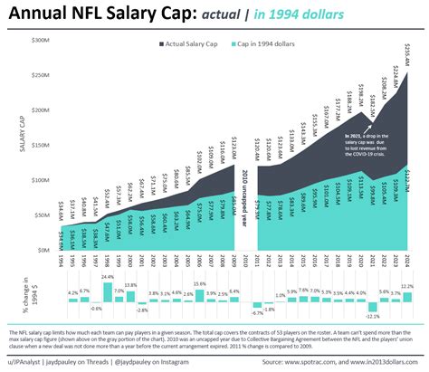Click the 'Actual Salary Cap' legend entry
[192, 43]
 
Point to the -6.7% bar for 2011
[256, 306]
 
